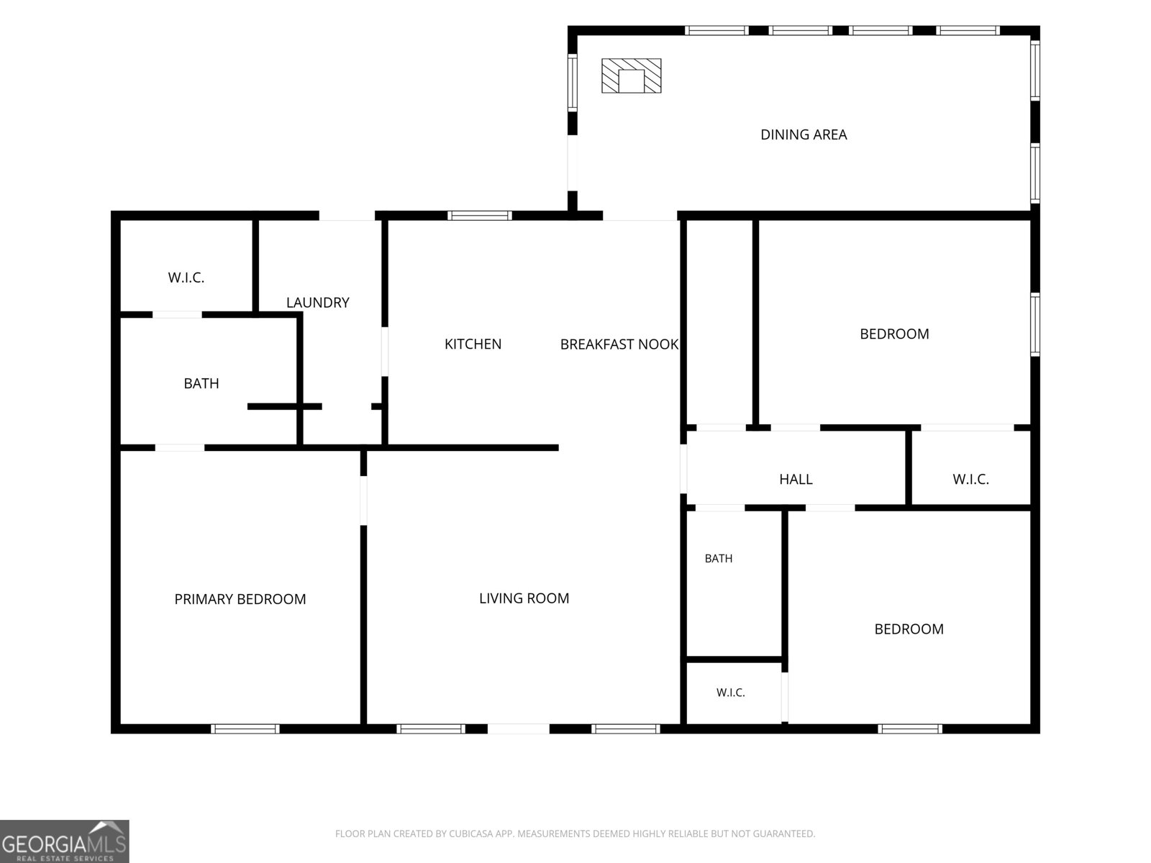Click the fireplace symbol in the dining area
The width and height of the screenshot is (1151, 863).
(631, 76)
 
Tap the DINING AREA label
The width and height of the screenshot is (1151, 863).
(804, 134)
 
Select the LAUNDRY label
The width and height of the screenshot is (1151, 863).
(318, 302)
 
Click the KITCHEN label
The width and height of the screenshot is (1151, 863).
(473, 344)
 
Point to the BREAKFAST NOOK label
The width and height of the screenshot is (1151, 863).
(619, 344)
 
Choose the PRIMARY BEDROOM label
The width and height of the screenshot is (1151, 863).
(240, 599)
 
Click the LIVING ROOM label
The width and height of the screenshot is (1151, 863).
(524, 598)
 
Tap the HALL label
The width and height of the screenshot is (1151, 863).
(796, 479)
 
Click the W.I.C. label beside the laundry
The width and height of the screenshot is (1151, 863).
(186, 278)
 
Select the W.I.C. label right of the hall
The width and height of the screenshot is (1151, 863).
(970, 479)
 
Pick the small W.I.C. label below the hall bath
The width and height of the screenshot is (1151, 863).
(730, 692)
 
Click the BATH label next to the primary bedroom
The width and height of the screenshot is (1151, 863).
(201, 383)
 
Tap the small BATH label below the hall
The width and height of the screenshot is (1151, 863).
(719, 559)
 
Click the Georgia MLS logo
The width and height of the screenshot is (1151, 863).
(65, 841)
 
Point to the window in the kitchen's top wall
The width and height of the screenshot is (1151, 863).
(479, 215)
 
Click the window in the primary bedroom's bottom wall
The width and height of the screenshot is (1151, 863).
(245, 729)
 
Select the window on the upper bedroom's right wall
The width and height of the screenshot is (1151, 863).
(1035, 325)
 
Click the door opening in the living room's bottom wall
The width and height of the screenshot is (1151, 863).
(519, 729)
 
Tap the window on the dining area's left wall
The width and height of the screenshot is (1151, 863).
(573, 82)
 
